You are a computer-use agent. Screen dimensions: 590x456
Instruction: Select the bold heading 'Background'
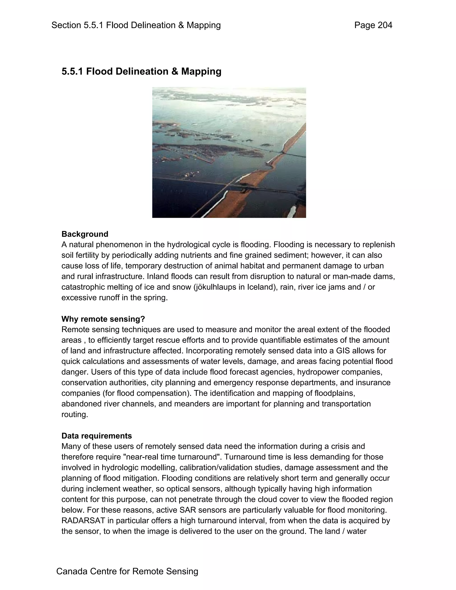click(x=85, y=234)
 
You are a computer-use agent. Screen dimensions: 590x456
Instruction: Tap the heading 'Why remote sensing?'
click(x=103, y=319)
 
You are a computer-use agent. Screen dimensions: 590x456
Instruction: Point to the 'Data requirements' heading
click(x=97, y=436)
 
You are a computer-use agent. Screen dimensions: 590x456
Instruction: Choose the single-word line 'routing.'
click(x=75, y=414)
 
